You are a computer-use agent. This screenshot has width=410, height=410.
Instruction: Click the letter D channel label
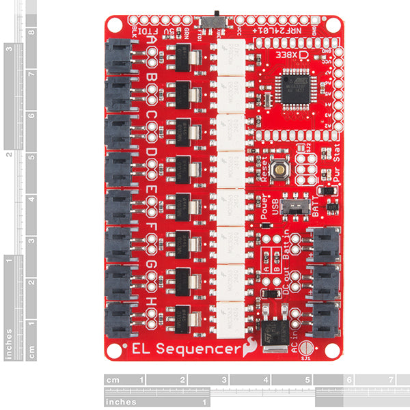point(150,152)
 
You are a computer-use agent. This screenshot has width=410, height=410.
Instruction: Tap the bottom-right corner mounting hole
point(333,349)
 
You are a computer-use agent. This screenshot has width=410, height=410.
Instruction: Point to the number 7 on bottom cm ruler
point(390,379)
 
